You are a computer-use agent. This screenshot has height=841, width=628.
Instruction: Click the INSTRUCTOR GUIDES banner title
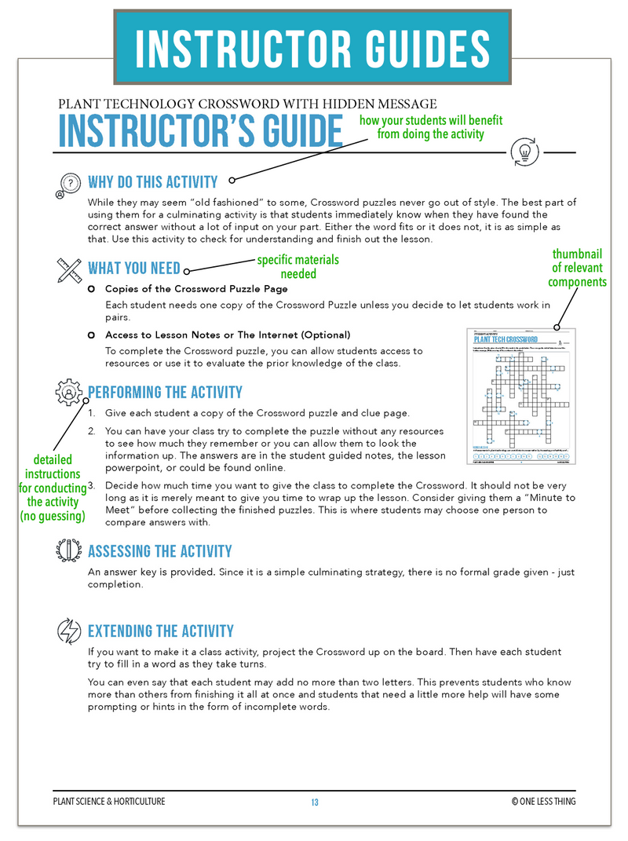pos(312,47)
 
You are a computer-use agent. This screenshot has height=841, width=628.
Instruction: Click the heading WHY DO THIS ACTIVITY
pos(152,182)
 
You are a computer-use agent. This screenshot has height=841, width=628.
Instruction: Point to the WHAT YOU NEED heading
pos(133,268)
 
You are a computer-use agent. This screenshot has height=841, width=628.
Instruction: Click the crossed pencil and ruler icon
pos(69,269)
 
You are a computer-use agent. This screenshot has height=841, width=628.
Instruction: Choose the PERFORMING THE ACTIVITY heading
pos(165,392)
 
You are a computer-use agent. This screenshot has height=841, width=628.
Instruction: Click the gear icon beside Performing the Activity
pos(69,392)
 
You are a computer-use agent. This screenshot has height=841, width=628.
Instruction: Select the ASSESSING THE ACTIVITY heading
pos(159,551)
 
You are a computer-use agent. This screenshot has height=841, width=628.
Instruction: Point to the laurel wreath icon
pos(69,550)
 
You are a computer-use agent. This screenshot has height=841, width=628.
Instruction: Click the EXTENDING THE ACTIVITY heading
pos(161,631)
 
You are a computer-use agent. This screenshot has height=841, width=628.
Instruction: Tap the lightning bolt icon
pos(69,631)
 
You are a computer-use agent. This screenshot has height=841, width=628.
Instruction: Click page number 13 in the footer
pos(314,802)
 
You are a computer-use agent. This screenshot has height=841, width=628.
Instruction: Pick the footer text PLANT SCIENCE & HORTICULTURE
pos(108,802)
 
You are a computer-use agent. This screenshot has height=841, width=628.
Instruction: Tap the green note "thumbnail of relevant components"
pos(577,268)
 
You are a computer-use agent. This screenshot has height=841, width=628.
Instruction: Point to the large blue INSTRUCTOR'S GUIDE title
pos(201,131)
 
